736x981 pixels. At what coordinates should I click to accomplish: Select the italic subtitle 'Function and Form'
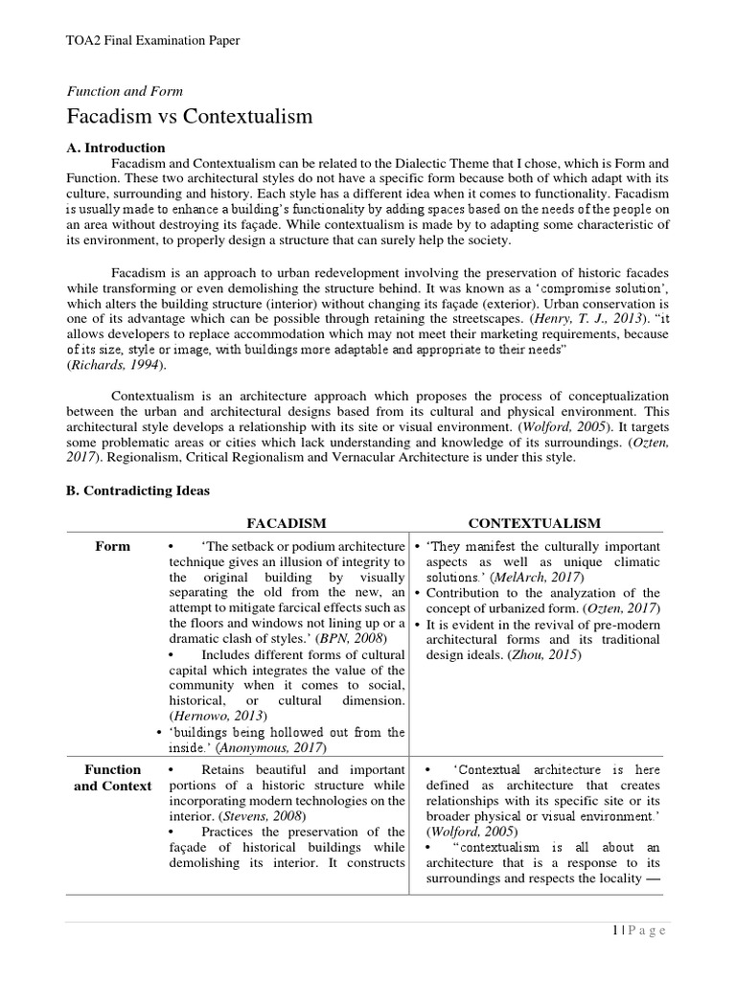pos(125,91)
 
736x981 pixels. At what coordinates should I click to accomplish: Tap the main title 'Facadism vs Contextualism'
pos(189,117)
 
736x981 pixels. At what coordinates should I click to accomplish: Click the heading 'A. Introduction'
pos(115,148)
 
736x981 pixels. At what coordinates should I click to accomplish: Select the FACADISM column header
pos(287,523)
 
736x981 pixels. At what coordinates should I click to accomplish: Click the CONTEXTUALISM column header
pos(534,523)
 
